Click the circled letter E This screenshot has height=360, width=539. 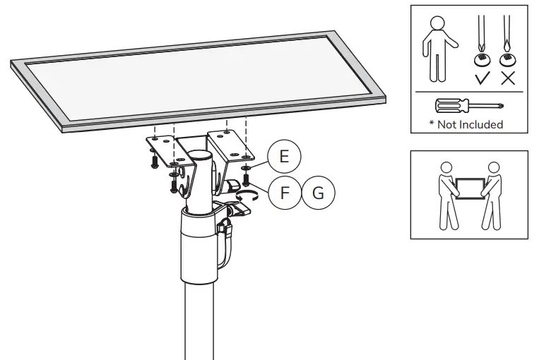[284, 156]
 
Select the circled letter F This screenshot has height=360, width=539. [284, 191]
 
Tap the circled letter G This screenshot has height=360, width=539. [319, 191]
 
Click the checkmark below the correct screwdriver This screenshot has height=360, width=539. [482, 78]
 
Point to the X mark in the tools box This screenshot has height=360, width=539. [507, 78]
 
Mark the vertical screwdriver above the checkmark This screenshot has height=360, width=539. [481, 39]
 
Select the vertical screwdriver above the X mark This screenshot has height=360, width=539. [506, 39]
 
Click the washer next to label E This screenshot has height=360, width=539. [247, 169]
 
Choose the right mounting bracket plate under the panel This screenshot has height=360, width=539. [230, 145]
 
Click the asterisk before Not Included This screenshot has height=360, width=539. [432, 124]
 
